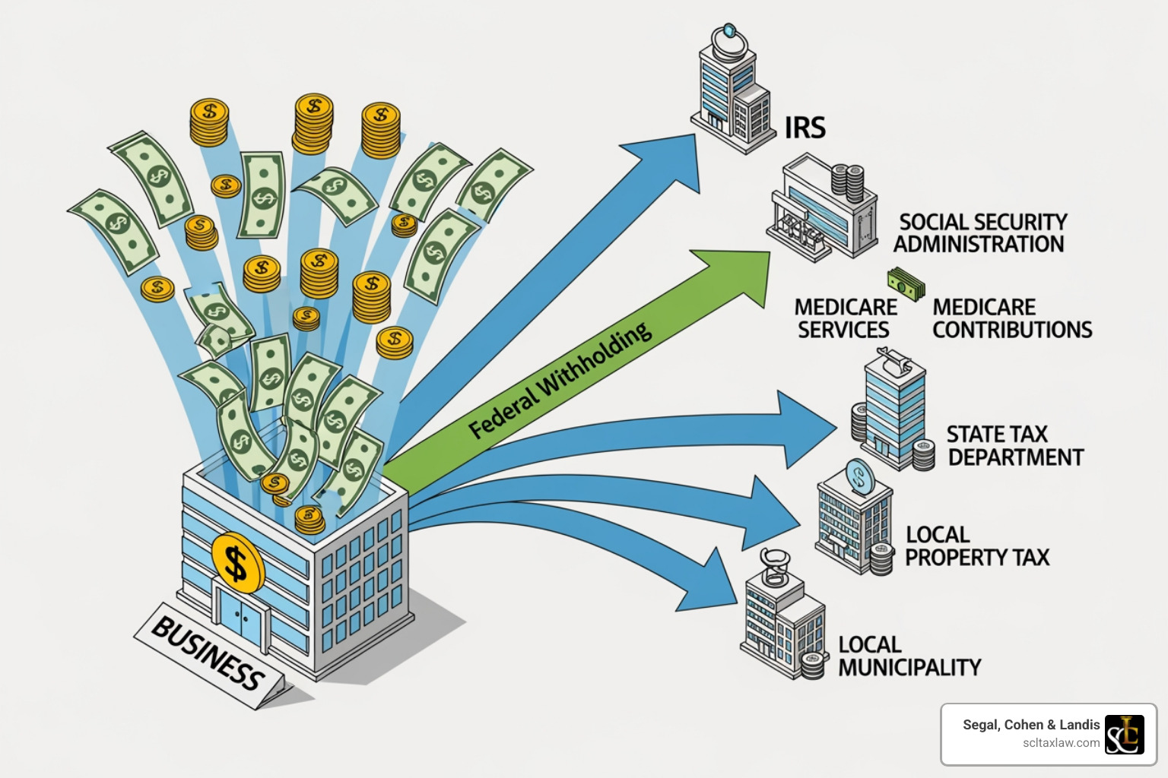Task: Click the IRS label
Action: [805, 128]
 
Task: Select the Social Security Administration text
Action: [980, 233]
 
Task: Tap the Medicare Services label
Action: [845, 318]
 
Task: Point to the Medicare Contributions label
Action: [1011, 318]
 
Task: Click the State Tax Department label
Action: [1014, 446]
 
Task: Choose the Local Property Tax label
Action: [976, 546]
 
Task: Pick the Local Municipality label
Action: [909, 656]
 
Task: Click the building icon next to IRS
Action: [728, 91]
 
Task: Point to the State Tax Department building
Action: [893, 414]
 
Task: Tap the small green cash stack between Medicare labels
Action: [906, 285]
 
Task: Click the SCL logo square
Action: [1124, 735]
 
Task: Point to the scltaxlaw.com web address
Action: [1061, 743]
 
